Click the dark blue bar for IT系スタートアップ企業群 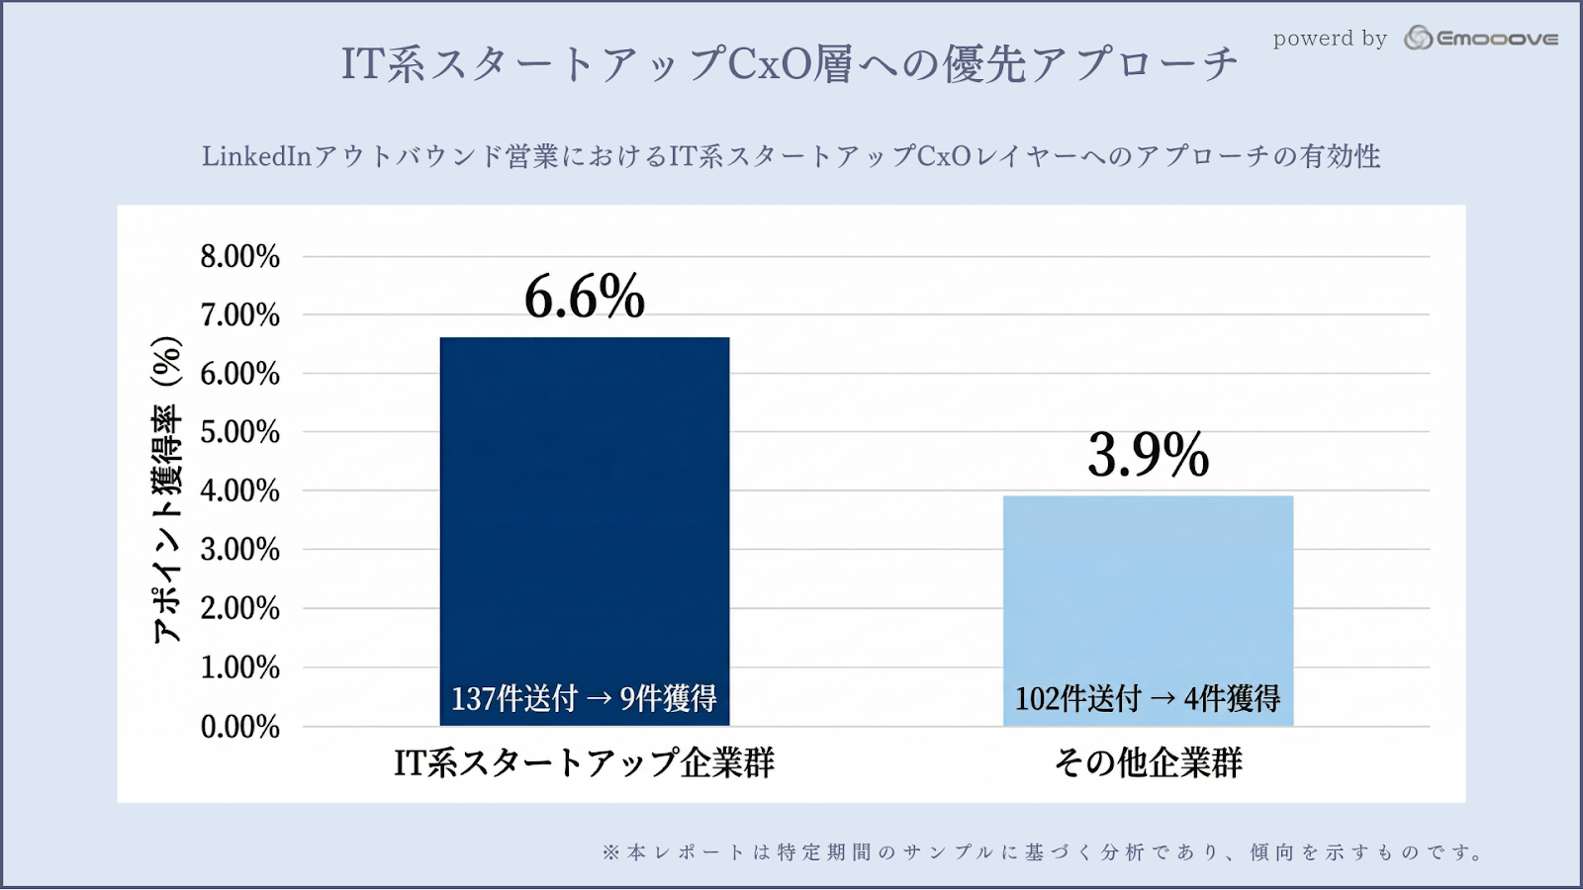point(584,514)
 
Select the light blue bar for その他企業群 point(1148,593)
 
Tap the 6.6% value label point(585,297)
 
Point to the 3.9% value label point(1148,455)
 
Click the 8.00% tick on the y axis point(240,257)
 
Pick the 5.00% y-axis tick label point(240,432)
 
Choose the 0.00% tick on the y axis point(240,727)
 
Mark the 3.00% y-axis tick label point(240,550)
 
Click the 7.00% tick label point(240,315)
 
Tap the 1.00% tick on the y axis point(240,667)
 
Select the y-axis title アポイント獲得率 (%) point(167,489)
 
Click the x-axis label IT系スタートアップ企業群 point(584,762)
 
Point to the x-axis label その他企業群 point(1148,762)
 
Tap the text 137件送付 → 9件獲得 point(584,698)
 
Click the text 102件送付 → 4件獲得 point(1148,698)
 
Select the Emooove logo point(1481,39)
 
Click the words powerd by point(1330,39)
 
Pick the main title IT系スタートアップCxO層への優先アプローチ point(790,64)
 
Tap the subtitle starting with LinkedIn point(791,156)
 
